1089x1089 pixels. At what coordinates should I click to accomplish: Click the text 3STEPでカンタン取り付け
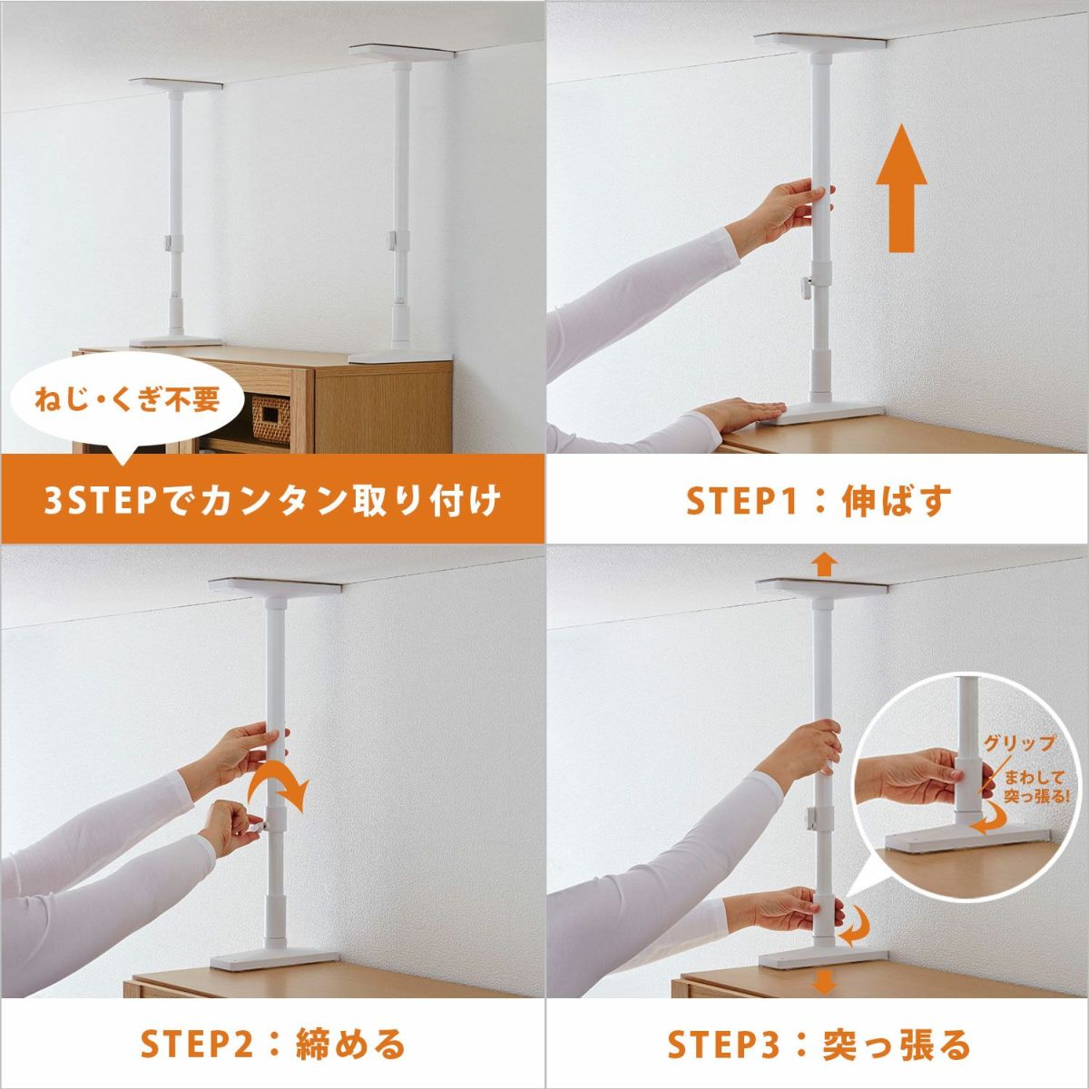click(x=273, y=501)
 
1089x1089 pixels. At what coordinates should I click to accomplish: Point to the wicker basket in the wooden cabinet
click(x=270, y=418)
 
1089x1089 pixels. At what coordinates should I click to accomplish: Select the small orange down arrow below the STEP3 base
click(x=825, y=983)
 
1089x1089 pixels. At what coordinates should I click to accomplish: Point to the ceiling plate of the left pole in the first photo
click(x=176, y=83)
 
